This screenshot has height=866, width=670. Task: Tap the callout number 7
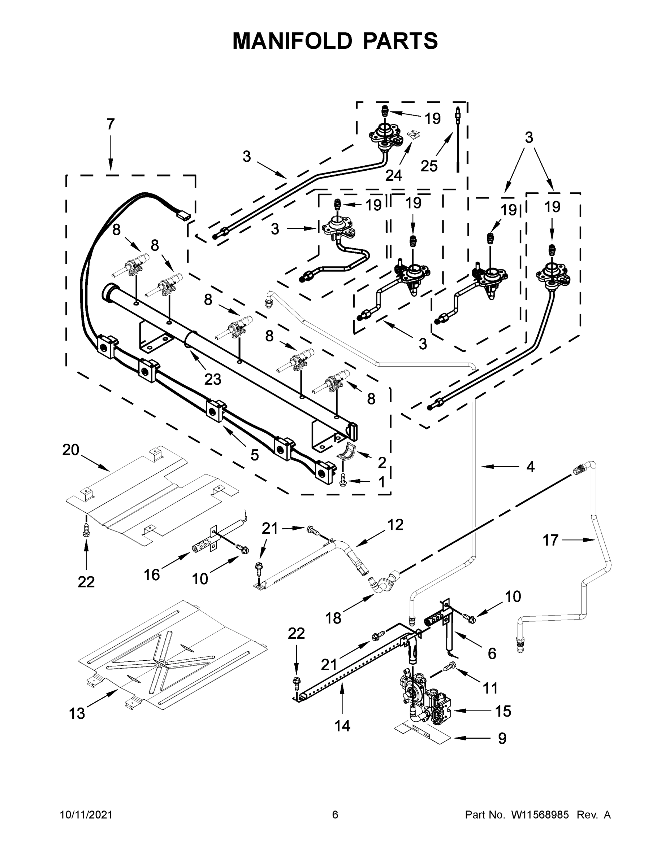(111, 124)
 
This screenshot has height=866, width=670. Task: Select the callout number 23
(212, 380)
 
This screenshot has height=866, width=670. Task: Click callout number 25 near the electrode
(429, 166)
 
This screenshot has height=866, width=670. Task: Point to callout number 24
(393, 175)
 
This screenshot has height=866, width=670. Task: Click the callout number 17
(550, 540)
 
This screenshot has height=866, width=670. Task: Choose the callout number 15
(503, 711)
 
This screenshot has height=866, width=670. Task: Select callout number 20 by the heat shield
(71, 450)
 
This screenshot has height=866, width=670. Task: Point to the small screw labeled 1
(343, 480)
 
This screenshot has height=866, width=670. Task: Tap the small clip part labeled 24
(414, 135)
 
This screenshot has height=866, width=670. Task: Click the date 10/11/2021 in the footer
(86, 815)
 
